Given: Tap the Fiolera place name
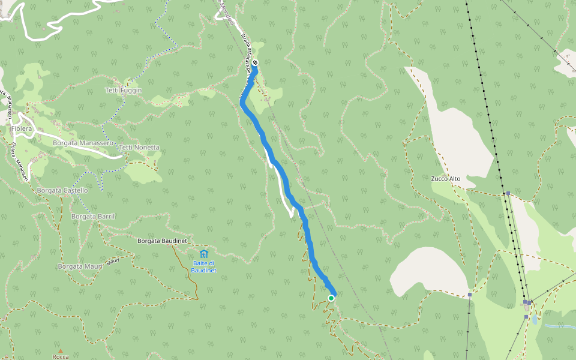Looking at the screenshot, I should [21, 128].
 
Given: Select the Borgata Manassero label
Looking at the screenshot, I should [83, 143].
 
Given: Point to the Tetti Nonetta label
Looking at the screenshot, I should [139, 148].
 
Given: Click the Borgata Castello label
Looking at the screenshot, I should [62, 190].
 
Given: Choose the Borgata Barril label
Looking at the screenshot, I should [93, 216].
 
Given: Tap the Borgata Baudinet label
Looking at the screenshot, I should [163, 241].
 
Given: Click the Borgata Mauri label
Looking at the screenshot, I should [80, 266].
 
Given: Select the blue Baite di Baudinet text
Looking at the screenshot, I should [204, 266].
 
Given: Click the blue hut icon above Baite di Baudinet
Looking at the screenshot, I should [204, 254].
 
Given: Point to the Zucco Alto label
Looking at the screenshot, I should [446, 178].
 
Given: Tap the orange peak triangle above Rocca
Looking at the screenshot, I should [60, 350].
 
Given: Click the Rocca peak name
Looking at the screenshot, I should [61, 357].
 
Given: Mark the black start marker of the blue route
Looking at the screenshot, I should [255, 62].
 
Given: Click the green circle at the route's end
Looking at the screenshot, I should [331, 298].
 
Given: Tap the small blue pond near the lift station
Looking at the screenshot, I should [535, 320].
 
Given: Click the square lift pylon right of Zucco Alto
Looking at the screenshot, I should [508, 193].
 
